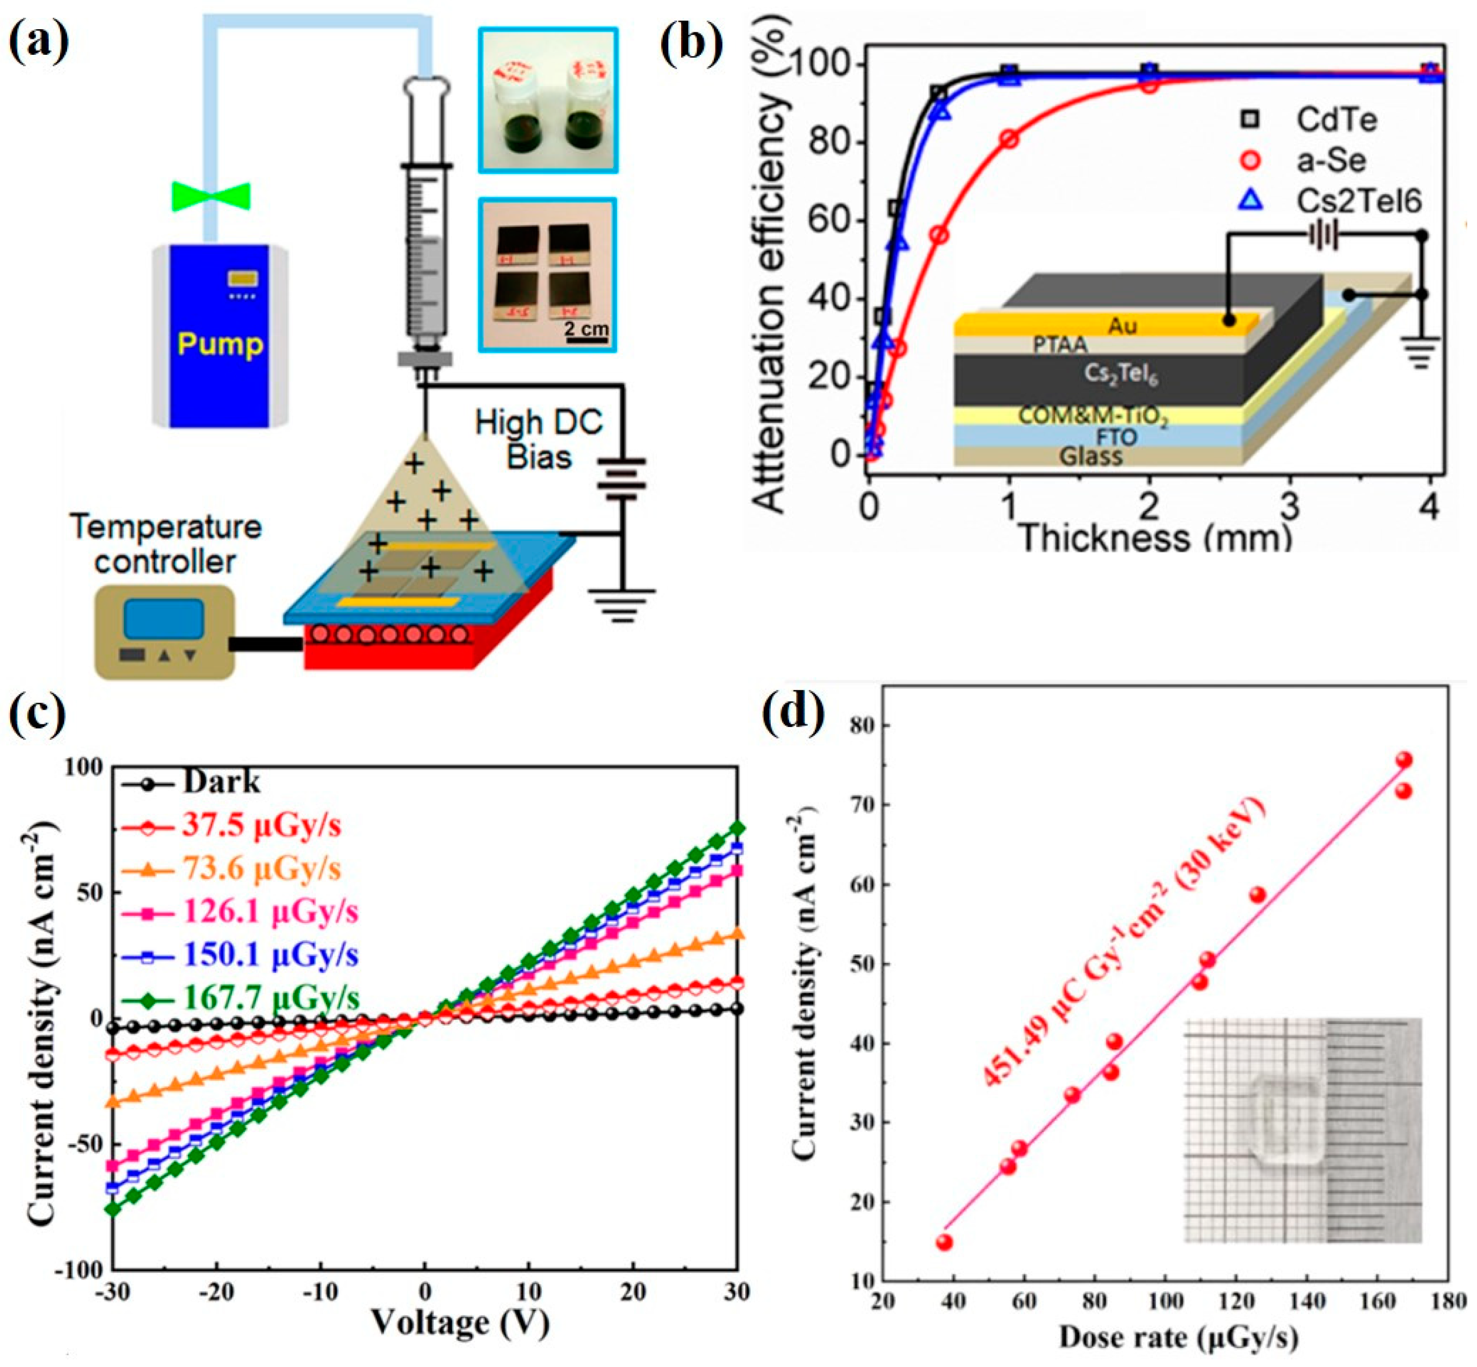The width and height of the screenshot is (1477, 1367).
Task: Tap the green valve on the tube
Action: click(211, 197)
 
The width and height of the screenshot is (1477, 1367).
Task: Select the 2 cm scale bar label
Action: click(586, 327)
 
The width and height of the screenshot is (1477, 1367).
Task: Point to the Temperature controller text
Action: click(166, 544)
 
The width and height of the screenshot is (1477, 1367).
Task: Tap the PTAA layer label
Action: click(1061, 345)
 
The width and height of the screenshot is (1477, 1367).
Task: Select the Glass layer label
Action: click(1091, 456)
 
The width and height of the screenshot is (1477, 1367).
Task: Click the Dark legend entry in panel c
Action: click(221, 782)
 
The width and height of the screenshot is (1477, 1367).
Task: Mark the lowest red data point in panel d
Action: click(944, 1242)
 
